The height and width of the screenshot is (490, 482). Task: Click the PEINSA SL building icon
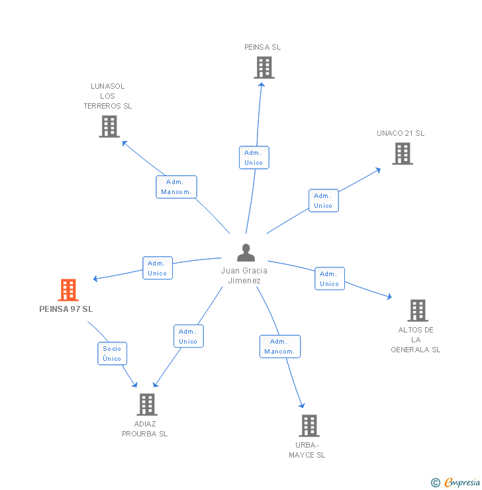tap(264, 68)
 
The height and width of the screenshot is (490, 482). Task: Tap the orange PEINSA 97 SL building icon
tap(68, 290)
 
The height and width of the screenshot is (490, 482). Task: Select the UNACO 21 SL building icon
tap(402, 154)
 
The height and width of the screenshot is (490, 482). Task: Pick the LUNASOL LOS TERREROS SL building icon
tap(109, 126)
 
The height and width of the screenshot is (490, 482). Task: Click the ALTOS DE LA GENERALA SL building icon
tap(417, 310)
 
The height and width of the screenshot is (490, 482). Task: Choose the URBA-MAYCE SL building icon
tap(309, 426)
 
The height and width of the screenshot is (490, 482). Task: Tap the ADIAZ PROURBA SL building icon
tap(146, 404)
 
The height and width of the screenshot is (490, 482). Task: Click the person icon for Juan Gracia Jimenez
tap(246, 253)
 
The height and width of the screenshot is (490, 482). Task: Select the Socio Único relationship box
tap(112, 353)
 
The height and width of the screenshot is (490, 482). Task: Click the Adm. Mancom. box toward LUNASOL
tap(176, 187)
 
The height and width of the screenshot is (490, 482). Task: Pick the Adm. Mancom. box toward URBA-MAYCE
tap(280, 346)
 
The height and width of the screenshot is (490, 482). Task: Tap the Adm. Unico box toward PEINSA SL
tap(254, 158)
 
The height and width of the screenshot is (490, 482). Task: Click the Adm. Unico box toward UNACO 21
tap(323, 201)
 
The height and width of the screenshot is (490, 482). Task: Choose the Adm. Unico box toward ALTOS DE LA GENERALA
tap(329, 279)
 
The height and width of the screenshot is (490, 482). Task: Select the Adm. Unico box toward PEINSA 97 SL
tap(158, 268)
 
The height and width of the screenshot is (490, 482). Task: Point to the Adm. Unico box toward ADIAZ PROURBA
tap(188, 336)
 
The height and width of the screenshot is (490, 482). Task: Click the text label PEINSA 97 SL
tap(66, 309)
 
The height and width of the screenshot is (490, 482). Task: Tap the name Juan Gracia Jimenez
tap(244, 275)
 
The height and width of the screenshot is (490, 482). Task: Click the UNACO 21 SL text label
tap(401, 133)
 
